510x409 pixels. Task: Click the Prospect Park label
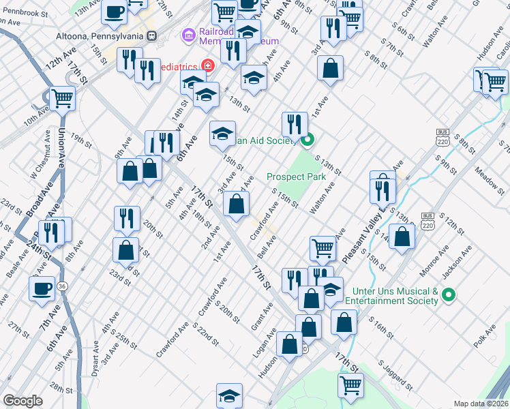pos(296,177)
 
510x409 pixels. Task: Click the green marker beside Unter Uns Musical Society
pos(448,295)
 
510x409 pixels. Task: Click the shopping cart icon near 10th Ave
pos(62,99)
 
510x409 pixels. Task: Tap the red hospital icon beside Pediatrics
pos(207,66)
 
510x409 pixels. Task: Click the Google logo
pos(22,401)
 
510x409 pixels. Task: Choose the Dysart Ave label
pos(95,360)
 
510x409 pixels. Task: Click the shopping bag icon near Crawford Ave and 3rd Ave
pos(236,204)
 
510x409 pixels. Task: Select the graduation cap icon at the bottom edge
pos(230,395)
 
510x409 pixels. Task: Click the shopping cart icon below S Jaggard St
pos(350,385)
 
